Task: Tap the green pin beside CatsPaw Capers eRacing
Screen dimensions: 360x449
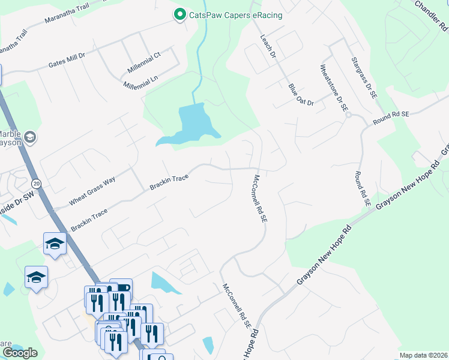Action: pyautogui.click(x=179, y=14)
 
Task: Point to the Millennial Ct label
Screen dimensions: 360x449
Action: pyautogui.click(x=141, y=59)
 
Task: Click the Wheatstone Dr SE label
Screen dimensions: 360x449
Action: pyautogui.click(x=334, y=88)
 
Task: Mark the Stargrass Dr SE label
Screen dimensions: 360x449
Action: pyautogui.click(x=364, y=76)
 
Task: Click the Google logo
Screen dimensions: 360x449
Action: pyautogui.click(x=20, y=353)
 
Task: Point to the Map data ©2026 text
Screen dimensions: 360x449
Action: pyautogui.click(x=423, y=355)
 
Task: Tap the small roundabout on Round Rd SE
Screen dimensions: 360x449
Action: pyautogui.click(x=348, y=115)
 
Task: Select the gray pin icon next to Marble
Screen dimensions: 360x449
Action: pyautogui.click(x=31, y=138)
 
